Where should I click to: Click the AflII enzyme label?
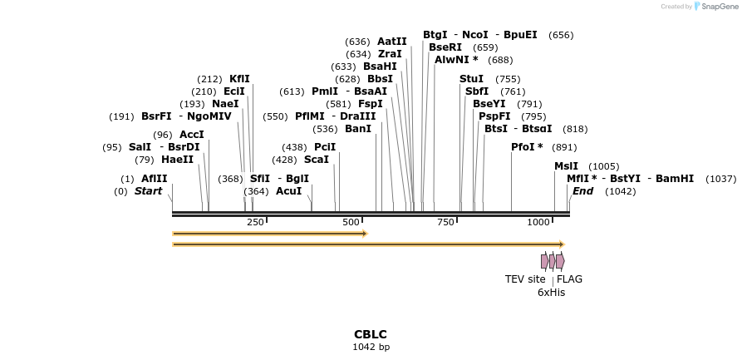(x=154, y=179)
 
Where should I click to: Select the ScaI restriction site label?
(x=316, y=160)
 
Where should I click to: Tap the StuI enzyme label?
(x=471, y=79)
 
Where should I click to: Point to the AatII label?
(x=392, y=41)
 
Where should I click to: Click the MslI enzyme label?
(x=566, y=166)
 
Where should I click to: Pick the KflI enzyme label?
(x=239, y=79)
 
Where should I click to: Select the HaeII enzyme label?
(x=177, y=160)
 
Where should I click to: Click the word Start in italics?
(x=148, y=191)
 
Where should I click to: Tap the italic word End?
(x=582, y=191)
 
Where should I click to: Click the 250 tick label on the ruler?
(x=255, y=222)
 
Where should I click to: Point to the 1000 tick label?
(x=539, y=222)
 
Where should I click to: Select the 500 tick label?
(x=351, y=222)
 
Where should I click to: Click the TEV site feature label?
(x=525, y=279)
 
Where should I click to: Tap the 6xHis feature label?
(x=551, y=293)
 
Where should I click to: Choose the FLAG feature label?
(x=569, y=279)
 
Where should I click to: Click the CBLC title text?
(x=371, y=334)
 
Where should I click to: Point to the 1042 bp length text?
(x=371, y=348)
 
